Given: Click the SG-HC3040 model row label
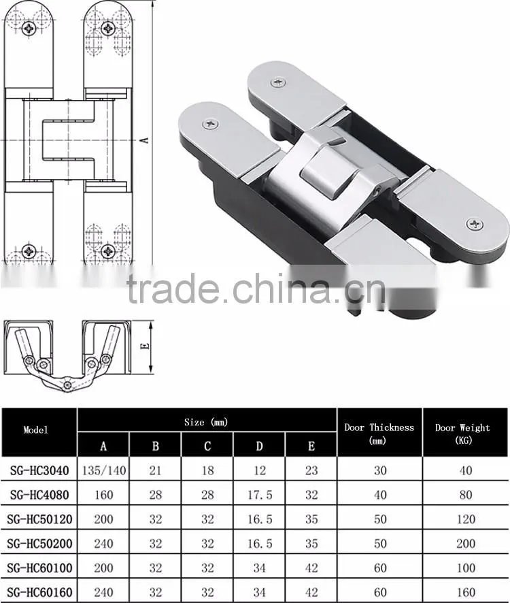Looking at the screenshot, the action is [x=39, y=470].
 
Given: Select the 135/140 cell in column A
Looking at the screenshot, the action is [x=104, y=470].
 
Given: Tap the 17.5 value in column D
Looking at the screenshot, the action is [x=260, y=495].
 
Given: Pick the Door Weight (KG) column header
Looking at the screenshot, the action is [x=462, y=434].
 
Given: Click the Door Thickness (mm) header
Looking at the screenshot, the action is [x=379, y=434].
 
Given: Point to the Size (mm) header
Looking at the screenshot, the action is [x=206, y=422].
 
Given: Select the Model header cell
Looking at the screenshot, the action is [x=36, y=429].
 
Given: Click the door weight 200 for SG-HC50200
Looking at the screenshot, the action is [x=466, y=543].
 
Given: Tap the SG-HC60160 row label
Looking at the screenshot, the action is [x=39, y=592].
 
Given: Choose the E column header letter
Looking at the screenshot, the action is [x=311, y=446].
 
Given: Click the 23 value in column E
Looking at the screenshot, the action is [x=311, y=470].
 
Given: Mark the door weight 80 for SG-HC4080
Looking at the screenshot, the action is [x=466, y=495].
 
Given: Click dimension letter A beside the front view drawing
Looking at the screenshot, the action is [x=145, y=140].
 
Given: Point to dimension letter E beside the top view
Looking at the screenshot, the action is [x=145, y=346].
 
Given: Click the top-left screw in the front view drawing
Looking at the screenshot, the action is [x=29, y=28].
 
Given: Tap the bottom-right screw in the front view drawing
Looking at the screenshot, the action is [x=108, y=251].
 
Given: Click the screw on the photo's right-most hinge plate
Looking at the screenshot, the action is [x=474, y=224].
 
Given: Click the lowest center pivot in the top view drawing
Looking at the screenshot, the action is [x=67, y=385].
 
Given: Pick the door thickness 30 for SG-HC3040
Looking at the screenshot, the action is [x=380, y=470].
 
